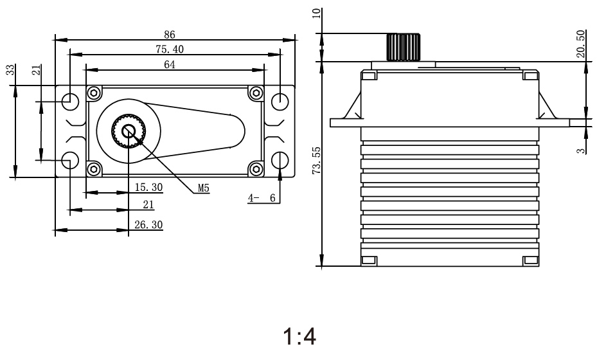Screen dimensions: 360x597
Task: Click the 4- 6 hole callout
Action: (x=263, y=199)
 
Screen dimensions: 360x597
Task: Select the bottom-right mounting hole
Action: (x=280, y=159)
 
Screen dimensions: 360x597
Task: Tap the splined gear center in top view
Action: (x=129, y=130)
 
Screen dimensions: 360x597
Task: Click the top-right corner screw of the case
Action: (x=256, y=93)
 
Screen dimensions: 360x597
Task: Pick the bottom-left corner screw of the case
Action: (x=94, y=168)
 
